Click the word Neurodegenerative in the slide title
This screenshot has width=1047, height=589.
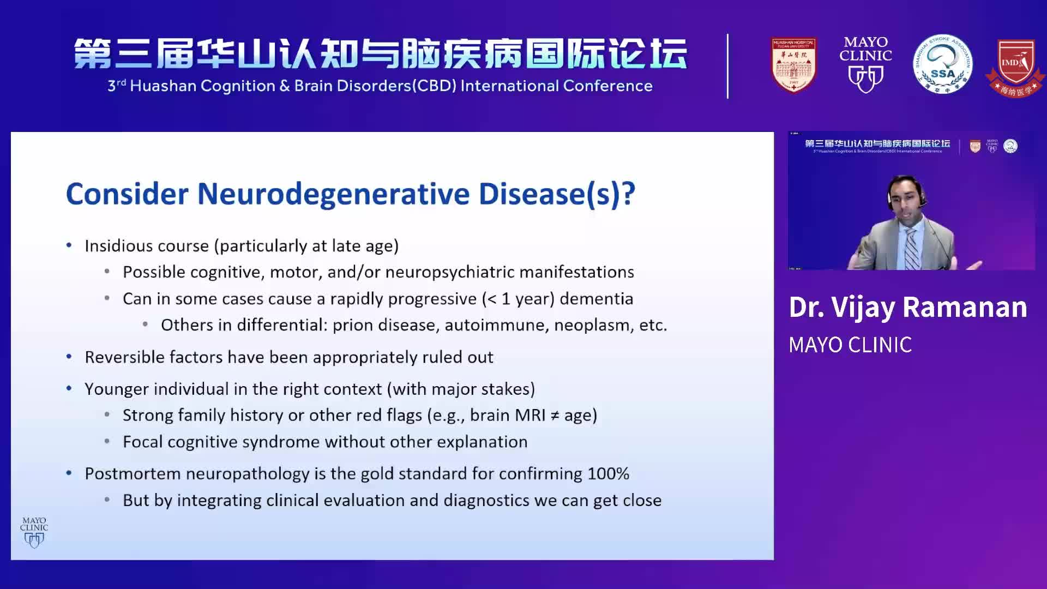click(x=333, y=194)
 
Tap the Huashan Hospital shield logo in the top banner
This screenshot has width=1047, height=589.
click(x=793, y=65)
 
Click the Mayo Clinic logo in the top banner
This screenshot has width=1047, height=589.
click(x=865, y=65)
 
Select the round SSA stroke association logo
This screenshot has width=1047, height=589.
click(x=942, y=65)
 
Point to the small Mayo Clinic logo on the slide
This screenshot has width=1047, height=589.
click(x=34, y=532)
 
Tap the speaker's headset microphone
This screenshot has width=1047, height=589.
click(x=922, y=205)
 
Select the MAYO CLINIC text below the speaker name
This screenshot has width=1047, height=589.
click(x=850, y=345)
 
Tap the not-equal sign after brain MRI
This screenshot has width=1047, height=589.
click(x=555, y=416)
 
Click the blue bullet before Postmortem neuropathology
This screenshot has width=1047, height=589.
click(x=69, y=473)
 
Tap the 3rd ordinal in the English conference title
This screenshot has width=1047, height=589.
click(x=116, y=86)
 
